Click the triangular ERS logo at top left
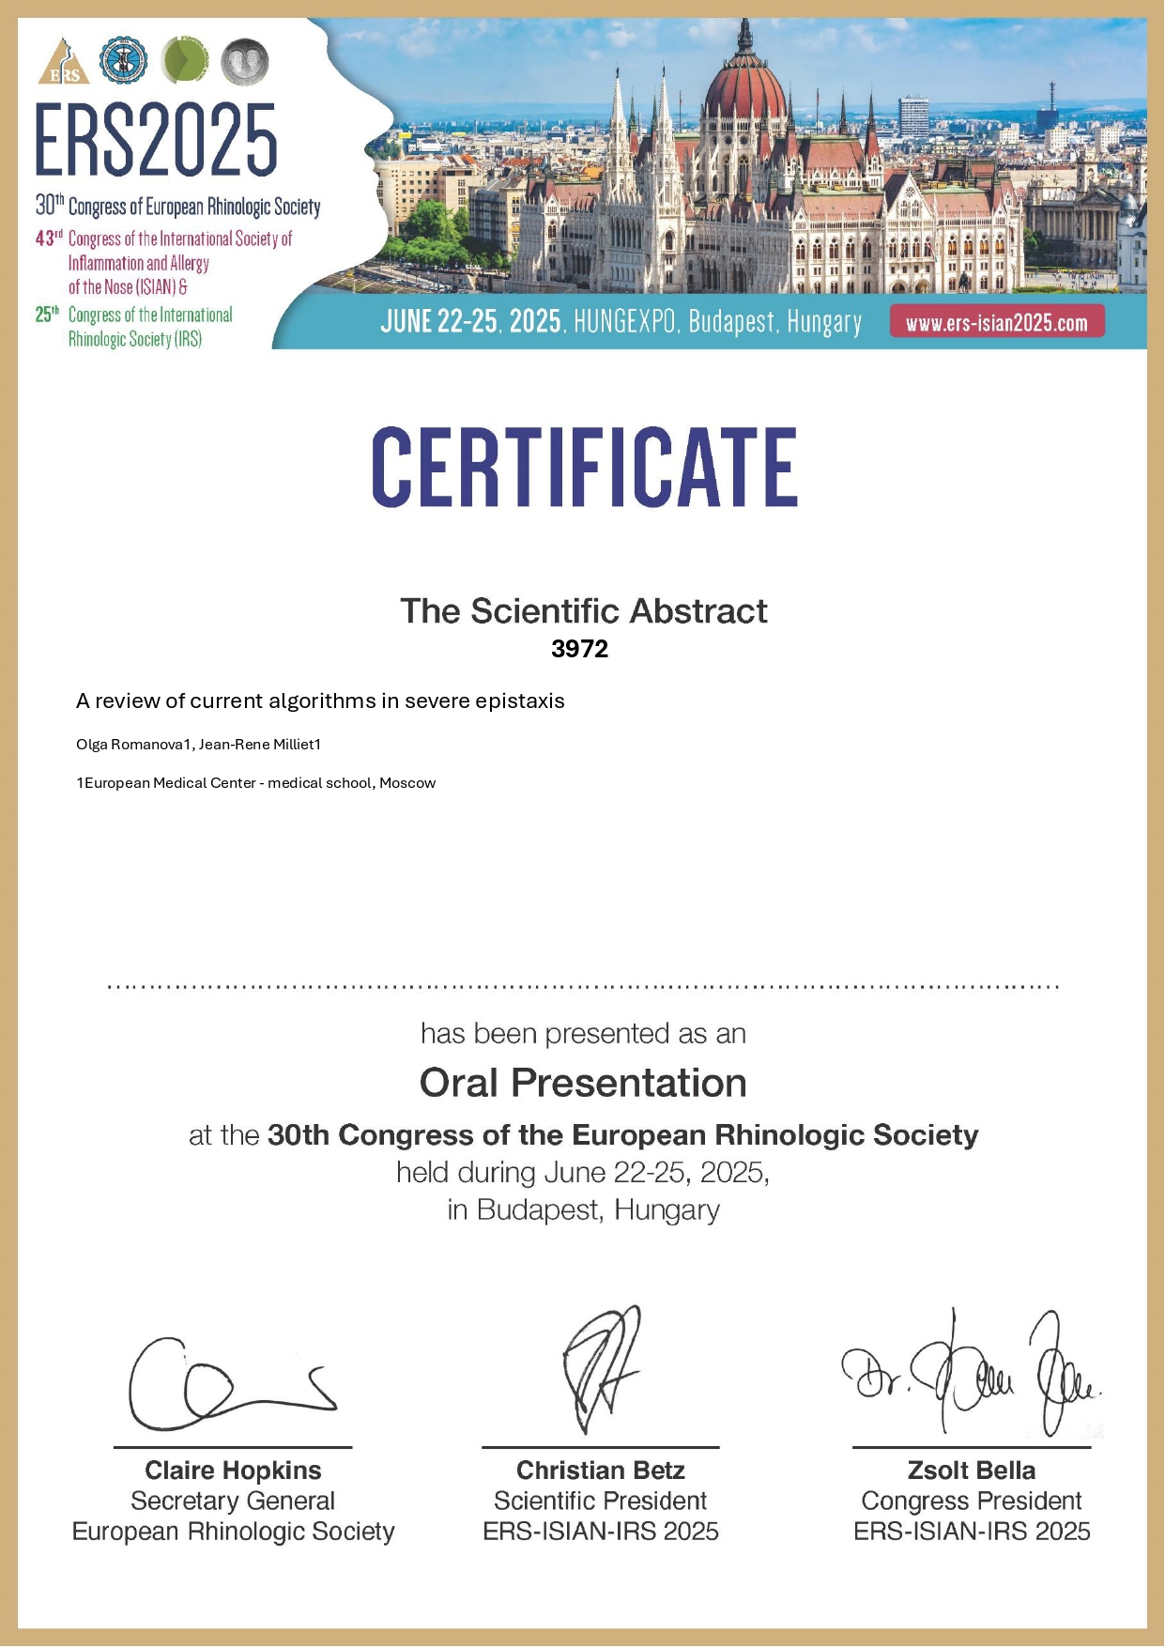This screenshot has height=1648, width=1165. coord(63,62)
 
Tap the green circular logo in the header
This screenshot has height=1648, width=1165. coord(185,60)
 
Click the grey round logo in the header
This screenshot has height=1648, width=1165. coord(245,61)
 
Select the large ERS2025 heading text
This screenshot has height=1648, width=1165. coord(156,141)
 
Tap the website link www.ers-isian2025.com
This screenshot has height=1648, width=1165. coord(996,323)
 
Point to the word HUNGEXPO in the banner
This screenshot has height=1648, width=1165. coord(624,322)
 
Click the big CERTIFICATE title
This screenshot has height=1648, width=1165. coord(584,468)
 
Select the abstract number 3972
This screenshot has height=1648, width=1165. coord(579,649)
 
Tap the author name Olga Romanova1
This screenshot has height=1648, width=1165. coord(133,745)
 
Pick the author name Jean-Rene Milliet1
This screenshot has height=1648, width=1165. coord(260,745)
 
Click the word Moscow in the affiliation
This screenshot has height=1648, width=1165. coord(407,783)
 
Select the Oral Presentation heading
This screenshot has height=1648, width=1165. coord(583,1083)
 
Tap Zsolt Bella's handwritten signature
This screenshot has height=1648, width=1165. coord(972,1376)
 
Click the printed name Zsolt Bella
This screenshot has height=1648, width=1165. coord(971,1471)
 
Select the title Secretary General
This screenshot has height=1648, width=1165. coord(233,1502)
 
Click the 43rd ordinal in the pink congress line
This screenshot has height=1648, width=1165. coord(49,239)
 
